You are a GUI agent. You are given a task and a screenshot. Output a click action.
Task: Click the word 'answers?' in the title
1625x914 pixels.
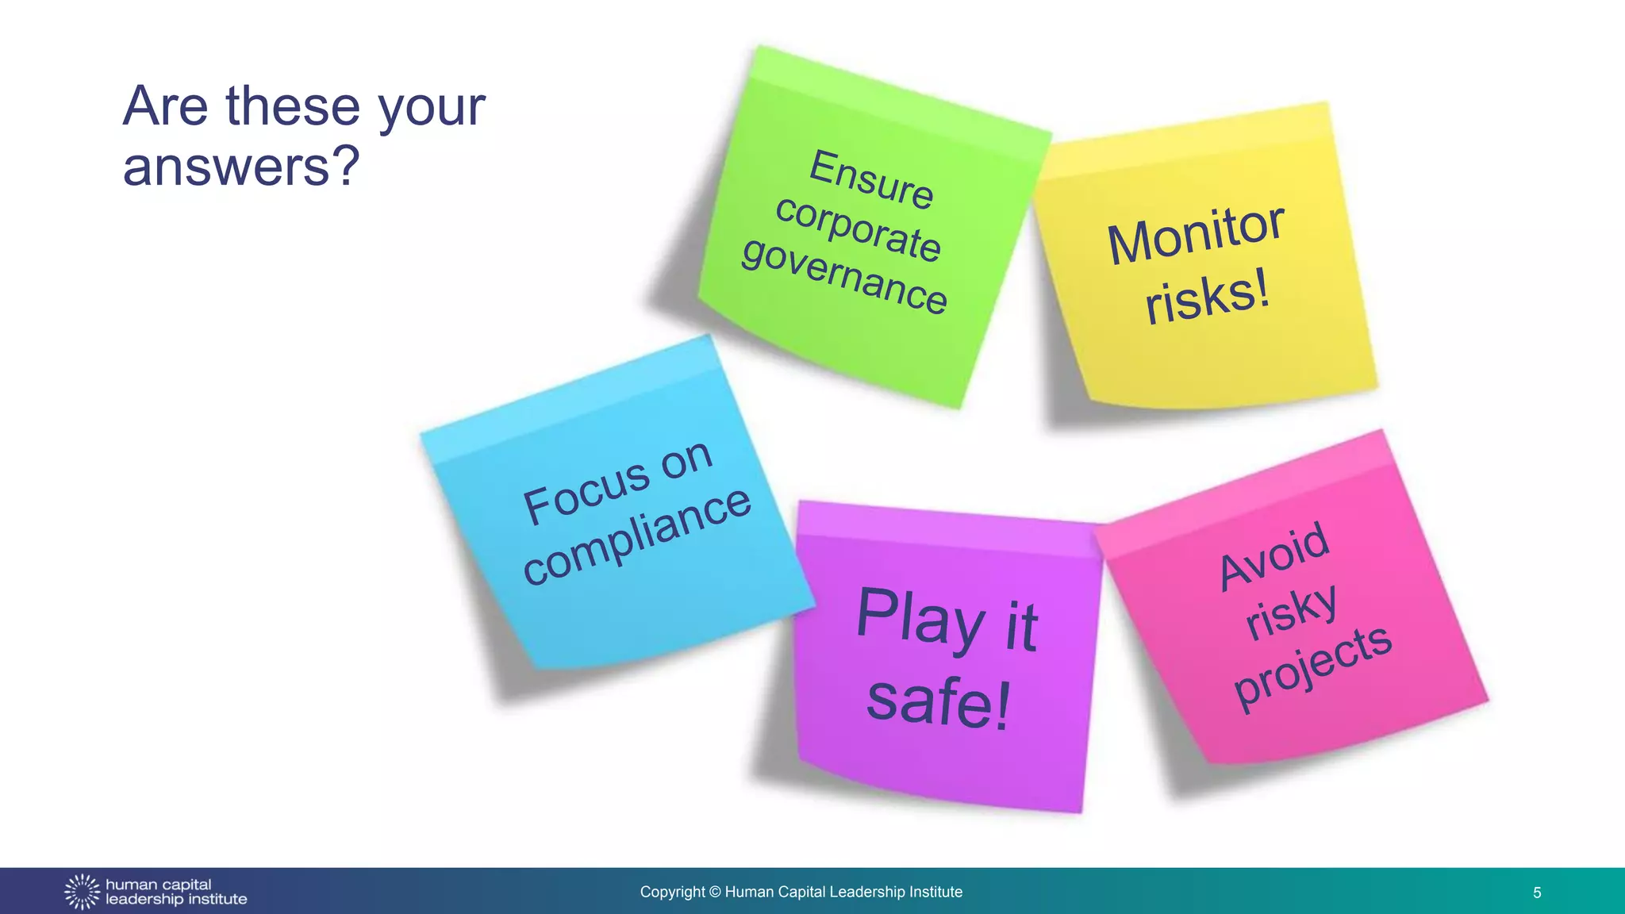(241, 167)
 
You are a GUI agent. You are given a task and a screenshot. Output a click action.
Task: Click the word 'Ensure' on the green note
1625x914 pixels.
(871, 179)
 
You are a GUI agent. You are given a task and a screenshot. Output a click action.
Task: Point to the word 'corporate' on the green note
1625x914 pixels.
(859, 228)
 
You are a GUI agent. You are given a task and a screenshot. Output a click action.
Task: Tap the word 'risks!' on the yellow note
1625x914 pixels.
(1207, 297)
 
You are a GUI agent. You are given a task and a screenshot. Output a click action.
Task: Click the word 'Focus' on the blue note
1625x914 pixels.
(586, 492)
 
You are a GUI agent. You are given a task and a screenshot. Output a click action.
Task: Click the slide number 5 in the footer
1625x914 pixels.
(1537, 893)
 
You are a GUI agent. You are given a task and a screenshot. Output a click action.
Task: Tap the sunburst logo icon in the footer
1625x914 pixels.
(82, 892)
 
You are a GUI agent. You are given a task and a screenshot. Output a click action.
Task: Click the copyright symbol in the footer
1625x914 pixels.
(715, 892)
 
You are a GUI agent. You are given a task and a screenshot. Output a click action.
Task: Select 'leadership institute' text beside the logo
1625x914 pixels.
(176, 900)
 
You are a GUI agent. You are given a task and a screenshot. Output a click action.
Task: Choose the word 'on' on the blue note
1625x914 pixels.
(686, 460)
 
